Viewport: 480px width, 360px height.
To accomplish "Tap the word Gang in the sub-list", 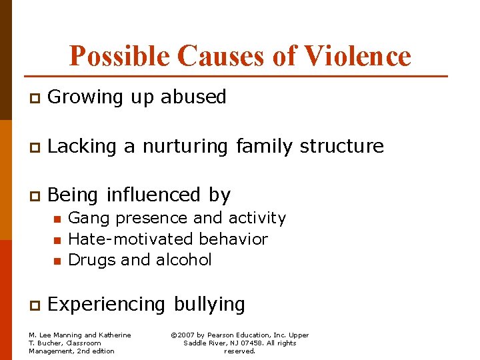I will [x=85, y=219].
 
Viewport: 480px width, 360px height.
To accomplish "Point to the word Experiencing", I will [x=107, y=305].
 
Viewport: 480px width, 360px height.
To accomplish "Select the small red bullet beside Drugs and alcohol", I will [x=57, y=261].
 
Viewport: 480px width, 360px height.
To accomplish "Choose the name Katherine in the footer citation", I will [x=115, y=335].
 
